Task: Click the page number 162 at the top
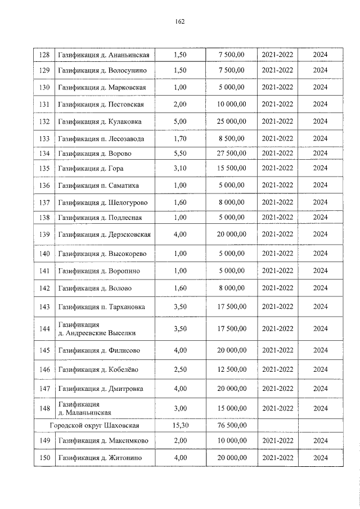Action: point(180,22)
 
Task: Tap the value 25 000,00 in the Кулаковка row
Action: point(232,121)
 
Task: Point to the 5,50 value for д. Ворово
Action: point(180,154)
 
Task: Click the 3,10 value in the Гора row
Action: point(180,168)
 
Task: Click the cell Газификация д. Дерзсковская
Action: point(104,234)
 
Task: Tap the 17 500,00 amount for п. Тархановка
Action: point(232,307)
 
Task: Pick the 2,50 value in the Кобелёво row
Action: point(180,370)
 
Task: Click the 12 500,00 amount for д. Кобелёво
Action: point(232,370)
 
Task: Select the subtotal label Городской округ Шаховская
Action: point(94,426)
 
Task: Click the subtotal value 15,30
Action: point(180,426)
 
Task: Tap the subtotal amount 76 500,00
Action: point(232,426)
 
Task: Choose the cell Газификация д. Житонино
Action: point(100,458)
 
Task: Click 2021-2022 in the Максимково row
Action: point(277,440)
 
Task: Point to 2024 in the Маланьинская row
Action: point(320,408)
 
